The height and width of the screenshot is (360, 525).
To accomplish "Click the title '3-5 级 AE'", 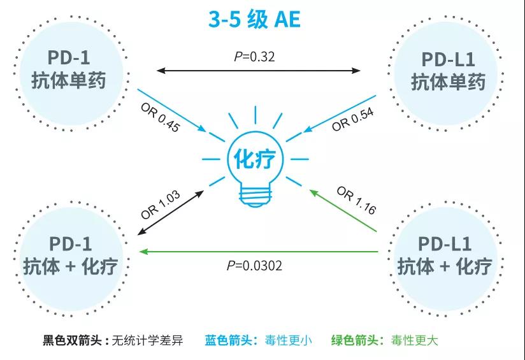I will [x=255, y=19].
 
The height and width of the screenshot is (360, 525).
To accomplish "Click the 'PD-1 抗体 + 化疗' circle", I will [x=70, y=255].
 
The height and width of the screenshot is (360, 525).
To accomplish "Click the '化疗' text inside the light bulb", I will [x=255, y=159].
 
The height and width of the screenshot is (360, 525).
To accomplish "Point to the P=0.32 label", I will [x=254, y=57].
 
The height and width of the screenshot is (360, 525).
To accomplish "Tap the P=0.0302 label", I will [x=254, y=266].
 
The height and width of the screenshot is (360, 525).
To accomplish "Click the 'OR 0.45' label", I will [x=160, y=115].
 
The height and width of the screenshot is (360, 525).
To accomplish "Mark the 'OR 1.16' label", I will [x=356, y=200].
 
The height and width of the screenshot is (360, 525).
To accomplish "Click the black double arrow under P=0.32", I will [x=258, y=69].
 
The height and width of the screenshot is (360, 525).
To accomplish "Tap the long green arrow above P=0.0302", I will [x=258, y=252].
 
